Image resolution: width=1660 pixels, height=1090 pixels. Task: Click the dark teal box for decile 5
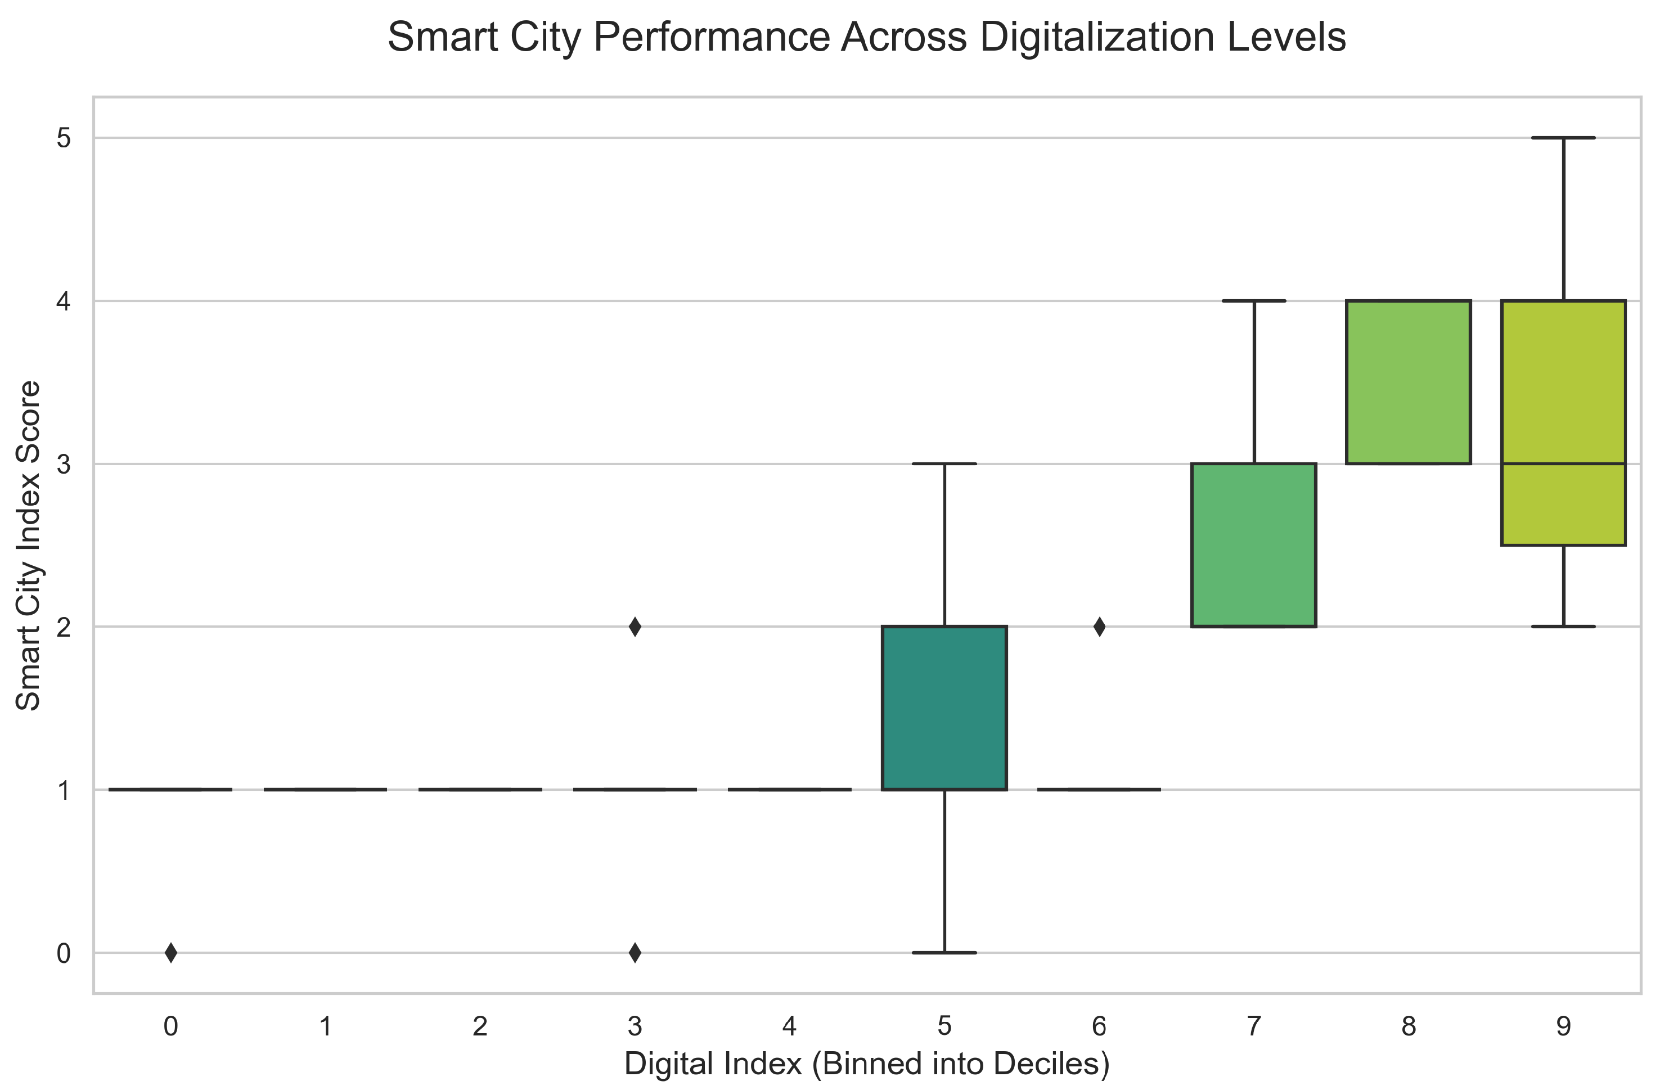coord(944,708)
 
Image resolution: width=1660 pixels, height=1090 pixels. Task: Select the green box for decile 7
coord(1254,544)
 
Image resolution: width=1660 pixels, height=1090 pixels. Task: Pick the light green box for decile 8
coord(1409,382)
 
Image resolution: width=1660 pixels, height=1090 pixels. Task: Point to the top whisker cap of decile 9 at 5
coord(1564,138)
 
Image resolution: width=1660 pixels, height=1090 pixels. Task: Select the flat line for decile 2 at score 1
coord(480,790)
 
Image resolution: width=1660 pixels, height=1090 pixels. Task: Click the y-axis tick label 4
coord(64,301)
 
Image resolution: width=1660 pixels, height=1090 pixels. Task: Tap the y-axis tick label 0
coord(64,953)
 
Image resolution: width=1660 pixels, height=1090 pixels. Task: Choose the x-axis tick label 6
coord(1099,1026)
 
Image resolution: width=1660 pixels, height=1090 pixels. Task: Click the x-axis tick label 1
coord(325,1026)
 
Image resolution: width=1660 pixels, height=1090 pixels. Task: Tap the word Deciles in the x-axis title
coord(1051,1064)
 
